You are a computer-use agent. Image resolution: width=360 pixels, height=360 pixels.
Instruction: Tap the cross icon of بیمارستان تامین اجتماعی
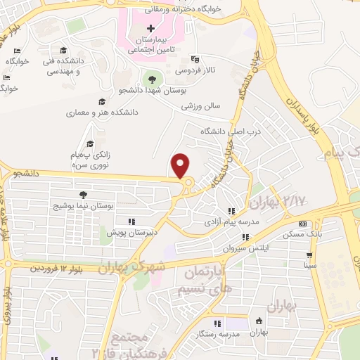pos(151,28)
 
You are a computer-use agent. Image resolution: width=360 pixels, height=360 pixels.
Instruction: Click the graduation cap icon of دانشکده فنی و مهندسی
pos(64,51)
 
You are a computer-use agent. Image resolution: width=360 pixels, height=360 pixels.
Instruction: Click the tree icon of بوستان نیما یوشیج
pos(84,193)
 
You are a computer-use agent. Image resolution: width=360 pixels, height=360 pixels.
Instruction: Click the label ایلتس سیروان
pos(242,248)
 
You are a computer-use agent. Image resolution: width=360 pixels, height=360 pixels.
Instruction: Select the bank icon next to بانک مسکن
pos(302,224)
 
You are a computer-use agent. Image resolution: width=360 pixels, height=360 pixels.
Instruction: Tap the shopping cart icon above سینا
pos(309,255)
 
